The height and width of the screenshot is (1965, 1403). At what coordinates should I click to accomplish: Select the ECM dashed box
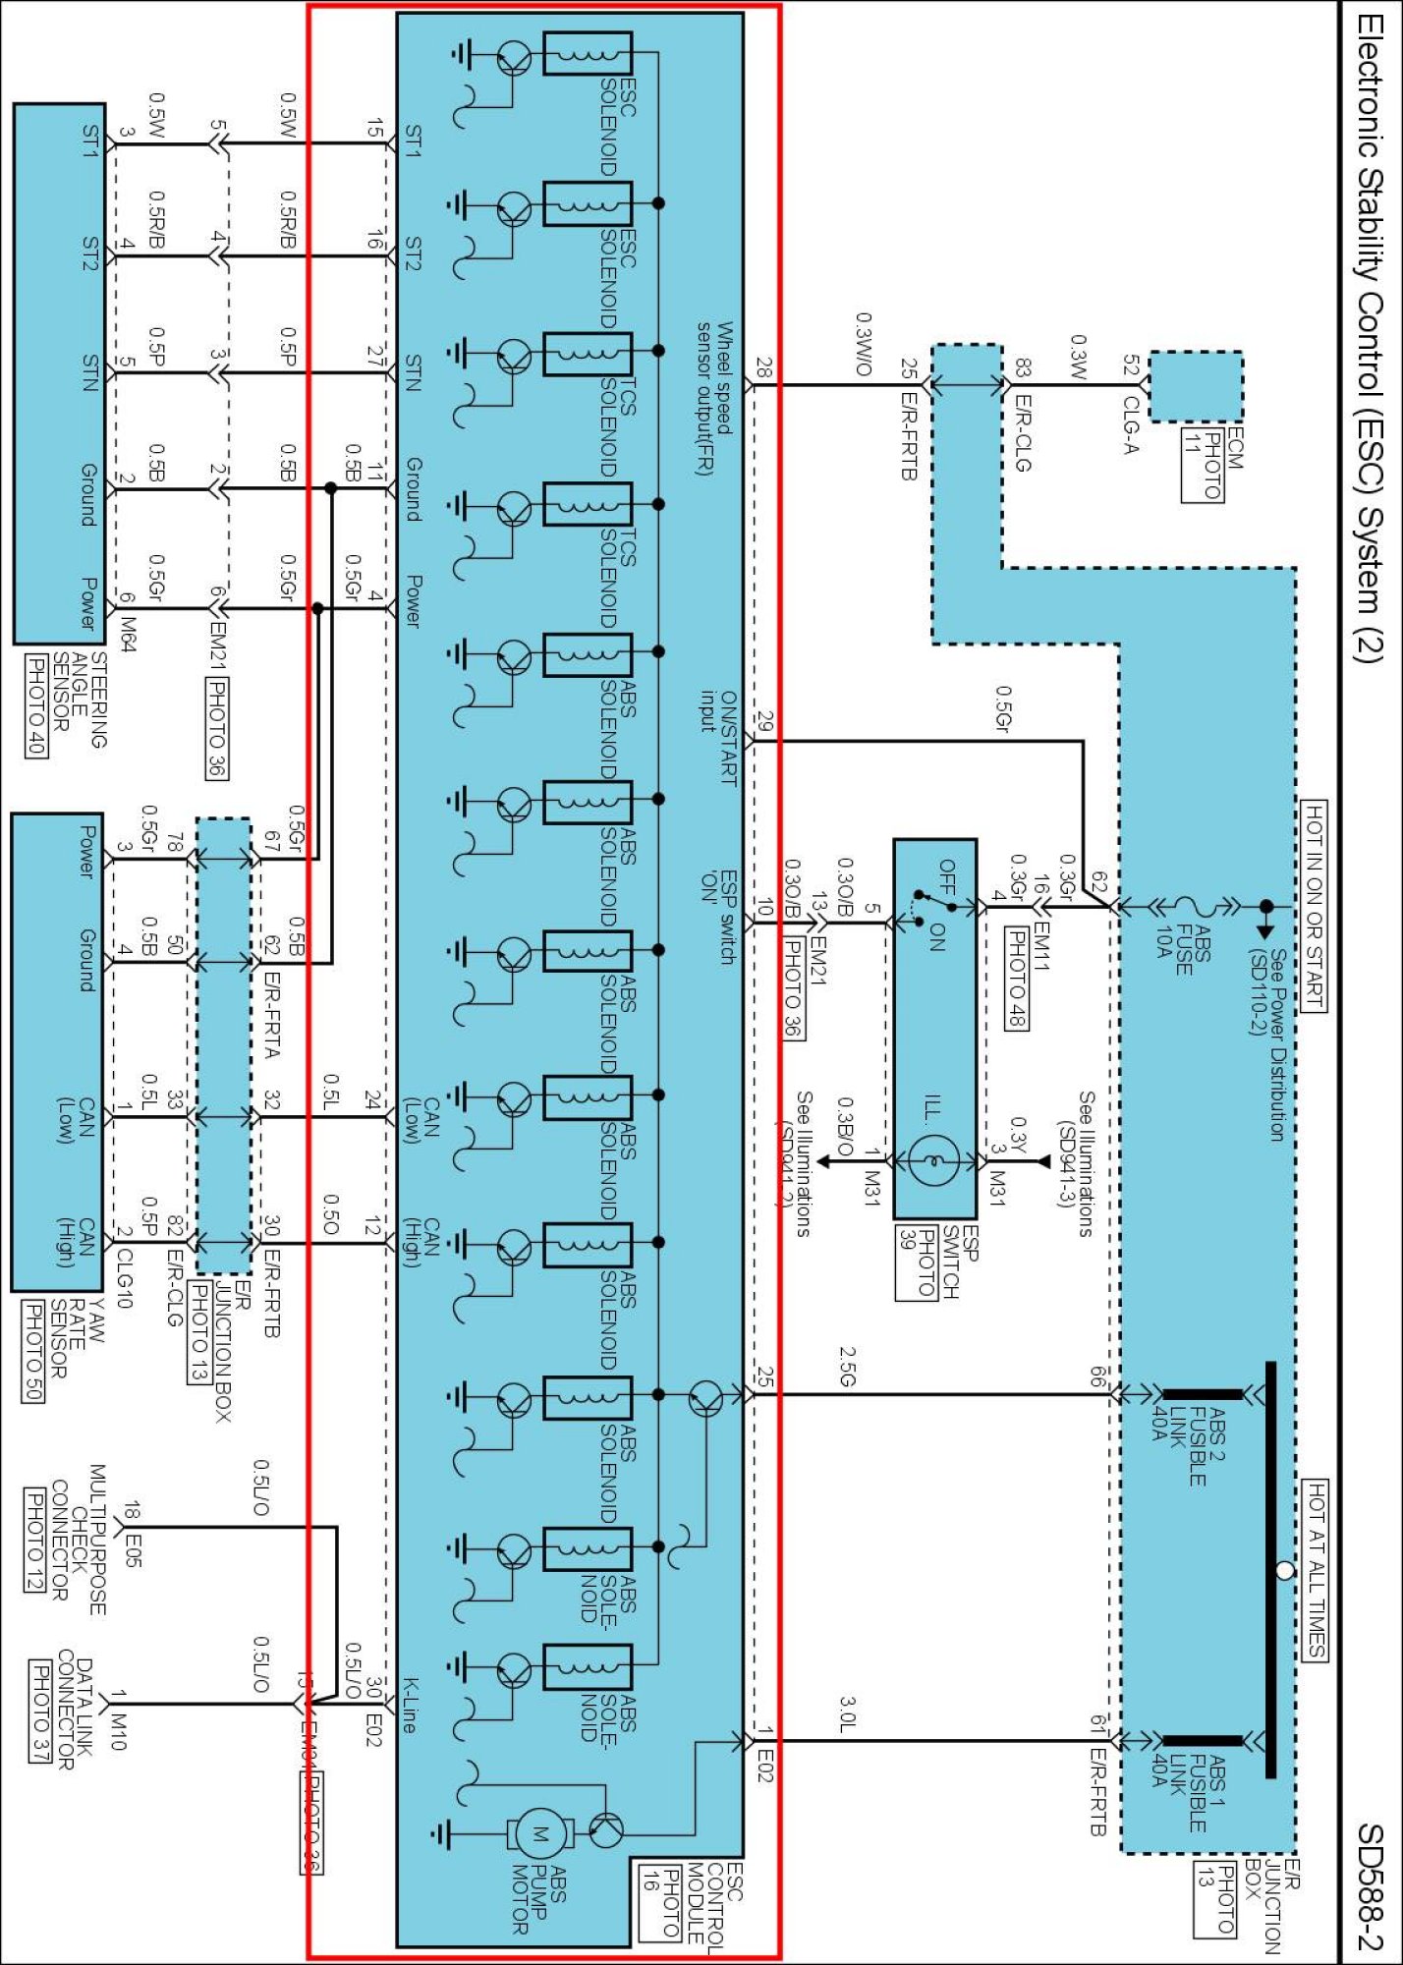point(1195,386)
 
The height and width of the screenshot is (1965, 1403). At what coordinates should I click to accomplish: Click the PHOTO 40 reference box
point(36,705)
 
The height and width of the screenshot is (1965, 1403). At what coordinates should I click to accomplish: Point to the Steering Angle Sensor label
point(79,699)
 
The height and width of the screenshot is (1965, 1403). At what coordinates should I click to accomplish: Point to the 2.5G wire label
point(847,1367)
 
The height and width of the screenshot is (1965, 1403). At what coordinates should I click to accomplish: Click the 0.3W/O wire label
point(863,344)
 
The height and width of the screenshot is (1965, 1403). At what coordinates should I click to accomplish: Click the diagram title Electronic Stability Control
point(1371,334)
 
